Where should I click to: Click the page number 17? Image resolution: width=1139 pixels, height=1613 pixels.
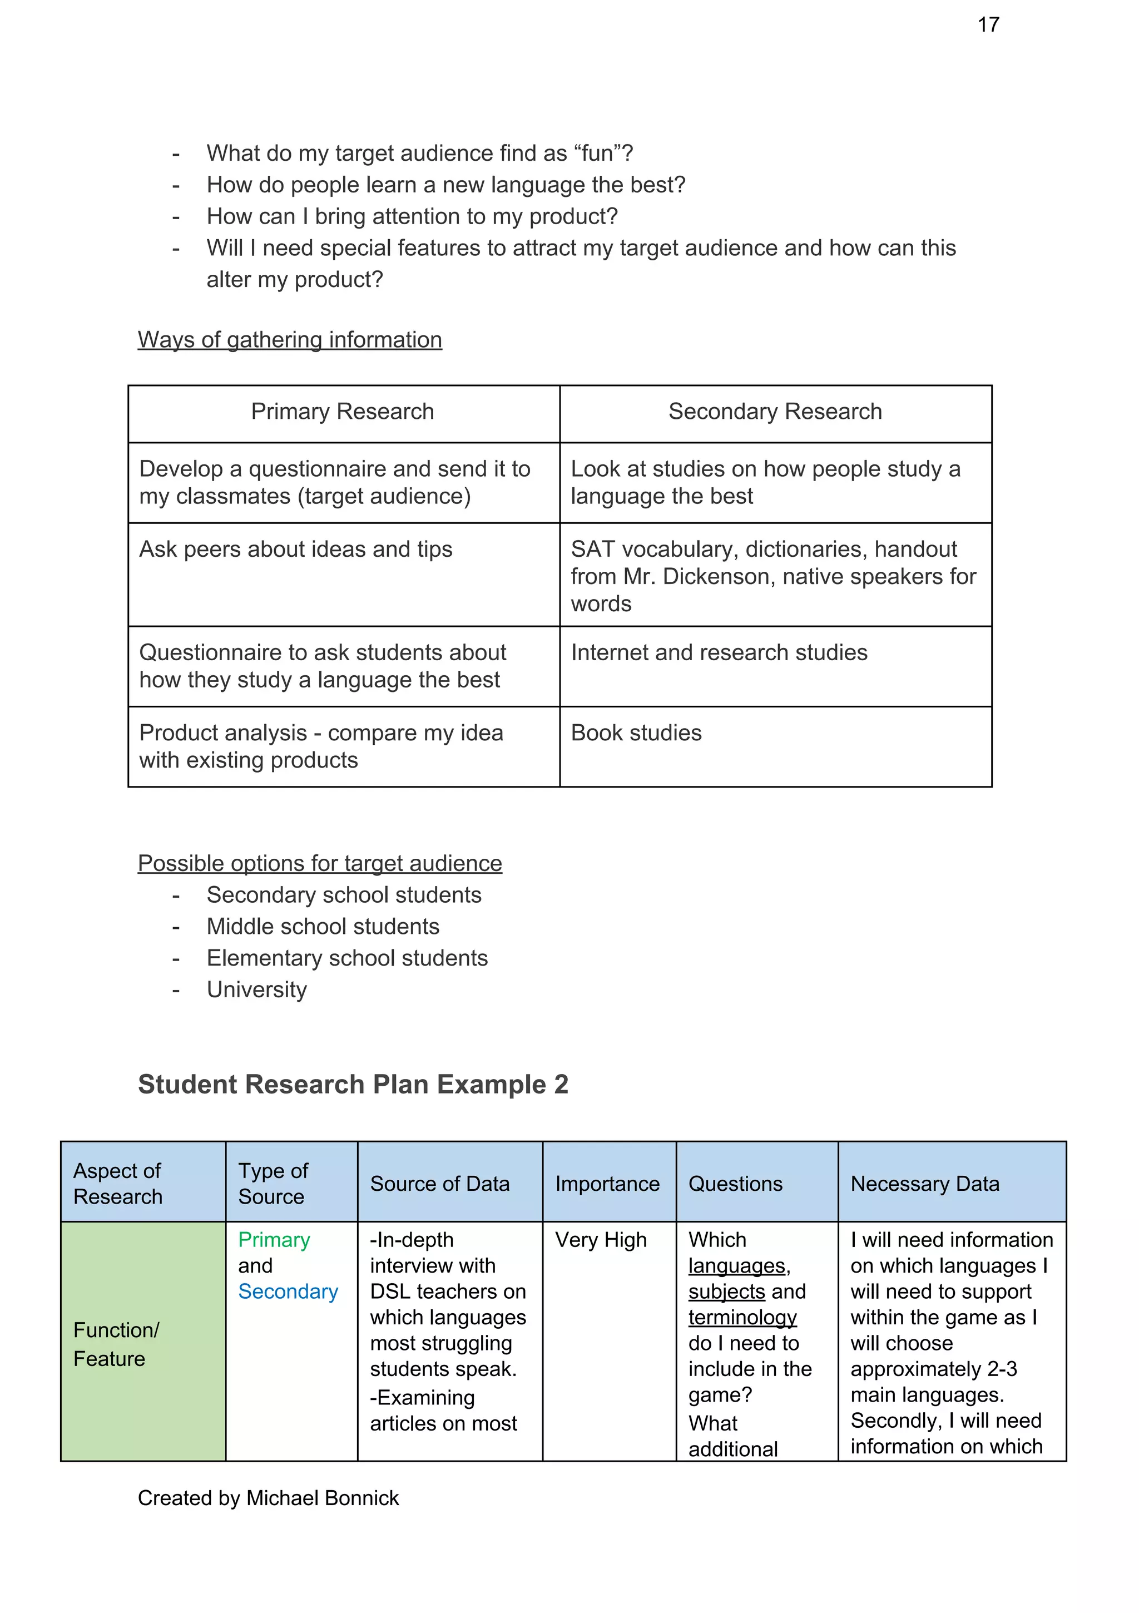click(987, 24)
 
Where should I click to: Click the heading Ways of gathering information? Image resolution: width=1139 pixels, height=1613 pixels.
click(290, 339)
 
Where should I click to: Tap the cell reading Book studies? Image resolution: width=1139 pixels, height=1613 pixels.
click(636, 733)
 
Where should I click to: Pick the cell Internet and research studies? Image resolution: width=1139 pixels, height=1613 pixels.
click(719, 652)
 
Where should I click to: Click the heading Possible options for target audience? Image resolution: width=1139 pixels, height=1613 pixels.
click(320, 863)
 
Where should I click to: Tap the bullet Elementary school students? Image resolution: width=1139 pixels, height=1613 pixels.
click(347, 958)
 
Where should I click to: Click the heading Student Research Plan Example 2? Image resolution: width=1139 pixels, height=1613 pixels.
click(353, 1084)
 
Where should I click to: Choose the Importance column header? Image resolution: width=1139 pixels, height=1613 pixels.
click(607, 1184)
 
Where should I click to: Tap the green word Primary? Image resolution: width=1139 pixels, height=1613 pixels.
click(274, 1240)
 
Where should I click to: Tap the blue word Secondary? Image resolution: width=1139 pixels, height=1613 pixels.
click(288, 1292)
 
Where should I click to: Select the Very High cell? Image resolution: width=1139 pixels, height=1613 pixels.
click(601, 1240)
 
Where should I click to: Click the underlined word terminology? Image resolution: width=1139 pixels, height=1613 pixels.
click(742, 1317)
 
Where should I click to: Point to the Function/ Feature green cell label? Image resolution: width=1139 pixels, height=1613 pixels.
click(116, 1344)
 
